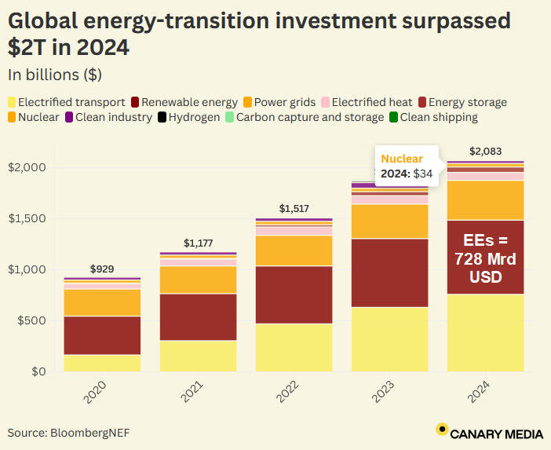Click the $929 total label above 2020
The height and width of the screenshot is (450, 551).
(102, 269)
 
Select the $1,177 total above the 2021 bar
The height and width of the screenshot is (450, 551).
(198, 243)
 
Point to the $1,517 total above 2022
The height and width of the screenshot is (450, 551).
(294, 209)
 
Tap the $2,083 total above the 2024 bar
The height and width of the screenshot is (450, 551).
(485, 152)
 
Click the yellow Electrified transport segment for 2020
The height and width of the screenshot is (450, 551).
(102, 363)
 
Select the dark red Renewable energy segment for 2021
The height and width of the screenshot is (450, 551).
(198, 316)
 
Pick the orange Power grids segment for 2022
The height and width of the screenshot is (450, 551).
(294, 251)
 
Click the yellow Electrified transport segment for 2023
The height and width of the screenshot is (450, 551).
(389, 338)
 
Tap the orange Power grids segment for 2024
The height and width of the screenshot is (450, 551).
(485, 200)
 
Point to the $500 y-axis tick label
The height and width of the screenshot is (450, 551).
(29, 320)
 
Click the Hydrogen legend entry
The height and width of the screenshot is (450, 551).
(189, 118)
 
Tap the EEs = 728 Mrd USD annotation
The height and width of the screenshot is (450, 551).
(485, 257)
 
